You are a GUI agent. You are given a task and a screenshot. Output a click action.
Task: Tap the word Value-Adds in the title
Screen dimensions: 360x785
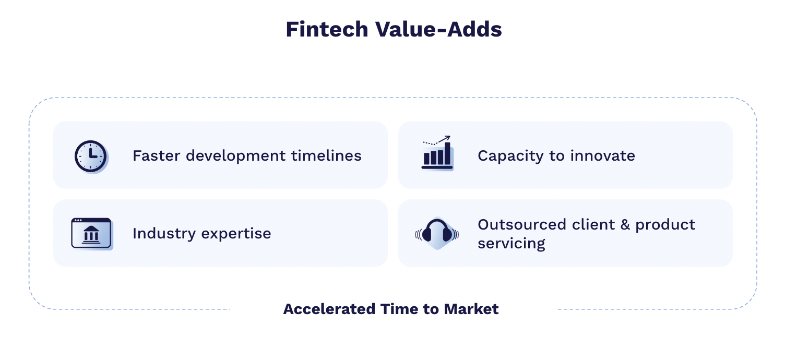point(439,30)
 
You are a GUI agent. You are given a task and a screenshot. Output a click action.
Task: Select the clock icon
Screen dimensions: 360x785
point(91,156)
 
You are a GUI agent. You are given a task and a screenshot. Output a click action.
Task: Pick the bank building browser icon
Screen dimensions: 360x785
point(91,233)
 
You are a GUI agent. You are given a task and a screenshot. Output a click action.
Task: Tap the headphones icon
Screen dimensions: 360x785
point(437,233)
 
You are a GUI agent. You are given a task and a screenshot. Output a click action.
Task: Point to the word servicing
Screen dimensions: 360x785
point(511,243)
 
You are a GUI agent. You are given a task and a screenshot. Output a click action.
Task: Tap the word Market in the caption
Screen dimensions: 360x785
point(471,309)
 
